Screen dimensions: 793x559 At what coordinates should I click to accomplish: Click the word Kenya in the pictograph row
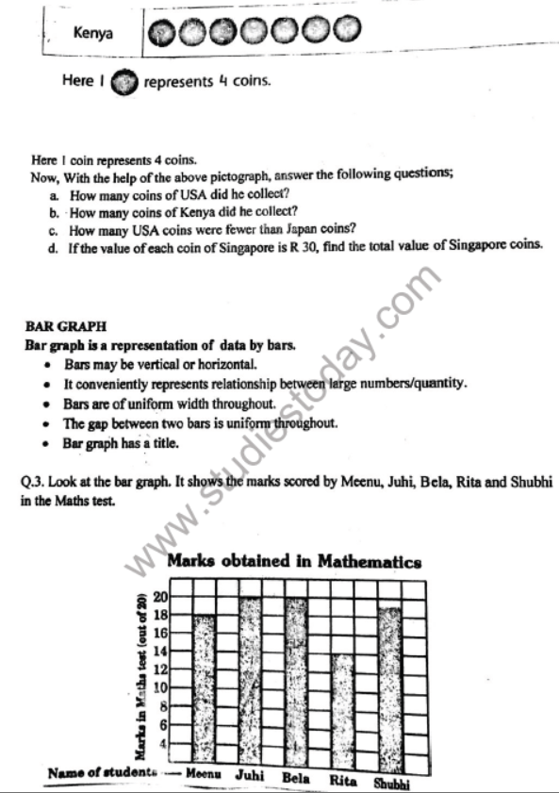click(93, 33)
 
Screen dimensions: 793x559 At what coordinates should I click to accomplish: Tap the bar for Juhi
click(251, 679)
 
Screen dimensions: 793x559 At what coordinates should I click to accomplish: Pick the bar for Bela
click(297, 679)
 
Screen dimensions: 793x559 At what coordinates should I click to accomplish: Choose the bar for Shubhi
click(389, 684)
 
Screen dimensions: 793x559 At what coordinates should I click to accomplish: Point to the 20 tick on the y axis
click(159, 597)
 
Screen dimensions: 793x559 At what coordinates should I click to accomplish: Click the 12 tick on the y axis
click(159, 669)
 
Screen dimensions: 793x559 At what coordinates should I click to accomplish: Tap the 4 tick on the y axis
click(162, 743)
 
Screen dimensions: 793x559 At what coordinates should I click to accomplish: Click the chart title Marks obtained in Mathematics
click(294, 562)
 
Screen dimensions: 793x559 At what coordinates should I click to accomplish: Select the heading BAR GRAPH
click(66, 327)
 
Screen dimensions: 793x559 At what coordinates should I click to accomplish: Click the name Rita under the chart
click(344, 780)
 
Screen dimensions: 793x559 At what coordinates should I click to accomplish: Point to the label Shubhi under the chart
click(392, 782)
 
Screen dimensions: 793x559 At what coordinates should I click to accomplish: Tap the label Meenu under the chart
click(203, 773)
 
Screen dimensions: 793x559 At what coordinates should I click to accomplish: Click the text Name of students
click(103, 773)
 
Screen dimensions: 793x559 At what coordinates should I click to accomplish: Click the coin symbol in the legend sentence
click(123, 83)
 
